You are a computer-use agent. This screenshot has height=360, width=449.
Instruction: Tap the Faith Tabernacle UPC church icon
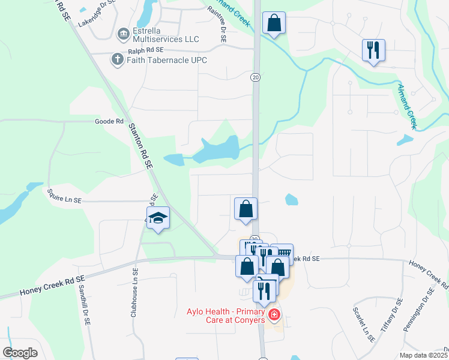[118, 59]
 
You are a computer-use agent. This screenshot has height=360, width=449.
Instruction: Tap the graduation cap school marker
[158, 218]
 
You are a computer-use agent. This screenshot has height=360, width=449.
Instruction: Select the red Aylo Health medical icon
[274, 314]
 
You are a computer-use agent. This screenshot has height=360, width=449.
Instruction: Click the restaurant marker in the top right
[373, 51]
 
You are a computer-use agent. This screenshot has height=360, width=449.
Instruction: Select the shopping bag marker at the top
[274, 24]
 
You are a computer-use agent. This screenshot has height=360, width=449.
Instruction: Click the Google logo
[20, 352]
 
